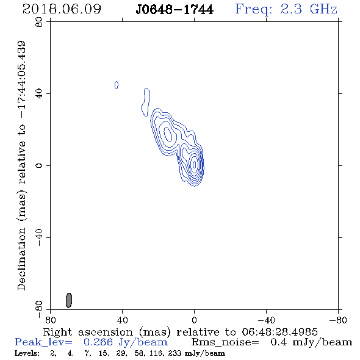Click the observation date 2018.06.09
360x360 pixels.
click(62, 9)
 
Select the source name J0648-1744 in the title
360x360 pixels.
click(175, 10)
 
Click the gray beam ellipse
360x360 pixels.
click(69, 300)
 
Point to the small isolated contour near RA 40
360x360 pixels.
click(117, 85)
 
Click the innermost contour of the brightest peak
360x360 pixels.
click(195, 164)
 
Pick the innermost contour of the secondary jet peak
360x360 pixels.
click(168, 134)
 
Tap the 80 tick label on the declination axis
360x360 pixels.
click(39, 22)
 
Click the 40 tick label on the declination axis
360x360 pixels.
click(39, 94)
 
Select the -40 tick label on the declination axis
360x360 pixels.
click(39, 237)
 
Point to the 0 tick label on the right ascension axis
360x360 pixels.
click(194, 320)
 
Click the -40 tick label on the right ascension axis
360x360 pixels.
click(266, 320)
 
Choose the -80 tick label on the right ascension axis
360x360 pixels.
click(338, 320)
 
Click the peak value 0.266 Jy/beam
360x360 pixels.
click(126, 342)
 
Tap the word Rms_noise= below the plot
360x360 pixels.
click(225, 342)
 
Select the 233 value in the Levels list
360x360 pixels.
click(175, 353)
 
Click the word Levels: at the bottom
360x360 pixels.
click(27, 353)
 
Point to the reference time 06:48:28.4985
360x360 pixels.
click(279, 332)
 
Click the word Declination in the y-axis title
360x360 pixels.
click(21, 259)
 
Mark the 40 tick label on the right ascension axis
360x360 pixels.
click(122, 320)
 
